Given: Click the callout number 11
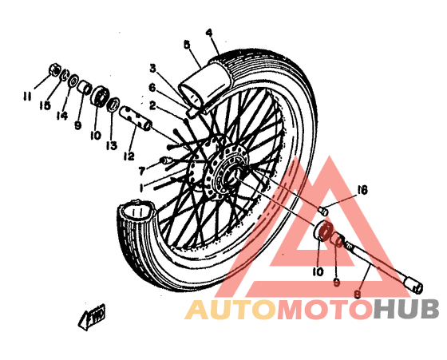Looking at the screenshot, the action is tap(27, 97).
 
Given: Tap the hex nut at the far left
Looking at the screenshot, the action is tap(54, 69).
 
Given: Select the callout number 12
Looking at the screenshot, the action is tap(129, 156).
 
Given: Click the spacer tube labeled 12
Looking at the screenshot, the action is tap(136, 118).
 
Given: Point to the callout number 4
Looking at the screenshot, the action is tap(209, 33).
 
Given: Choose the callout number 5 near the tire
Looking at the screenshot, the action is tap(187, 45).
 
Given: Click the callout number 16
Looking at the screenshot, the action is tap(362, 191).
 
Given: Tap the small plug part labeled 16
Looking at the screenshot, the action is tap(323, 211).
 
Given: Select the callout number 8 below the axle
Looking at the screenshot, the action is tap(357, 294).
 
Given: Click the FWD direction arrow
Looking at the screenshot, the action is tap(92, 317).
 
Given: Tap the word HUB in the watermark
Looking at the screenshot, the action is tap(406, 309).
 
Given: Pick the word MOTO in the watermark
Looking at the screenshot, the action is tap(326, 310).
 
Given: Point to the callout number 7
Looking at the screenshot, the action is tap(142, 172).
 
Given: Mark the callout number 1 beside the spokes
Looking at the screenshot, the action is tap(141, 188).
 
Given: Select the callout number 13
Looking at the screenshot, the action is tap(112, 145).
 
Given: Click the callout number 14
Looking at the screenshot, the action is tap(62, 116).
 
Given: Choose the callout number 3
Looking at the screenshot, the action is tap(153, 69).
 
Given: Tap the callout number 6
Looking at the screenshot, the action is tap(152, 88).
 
